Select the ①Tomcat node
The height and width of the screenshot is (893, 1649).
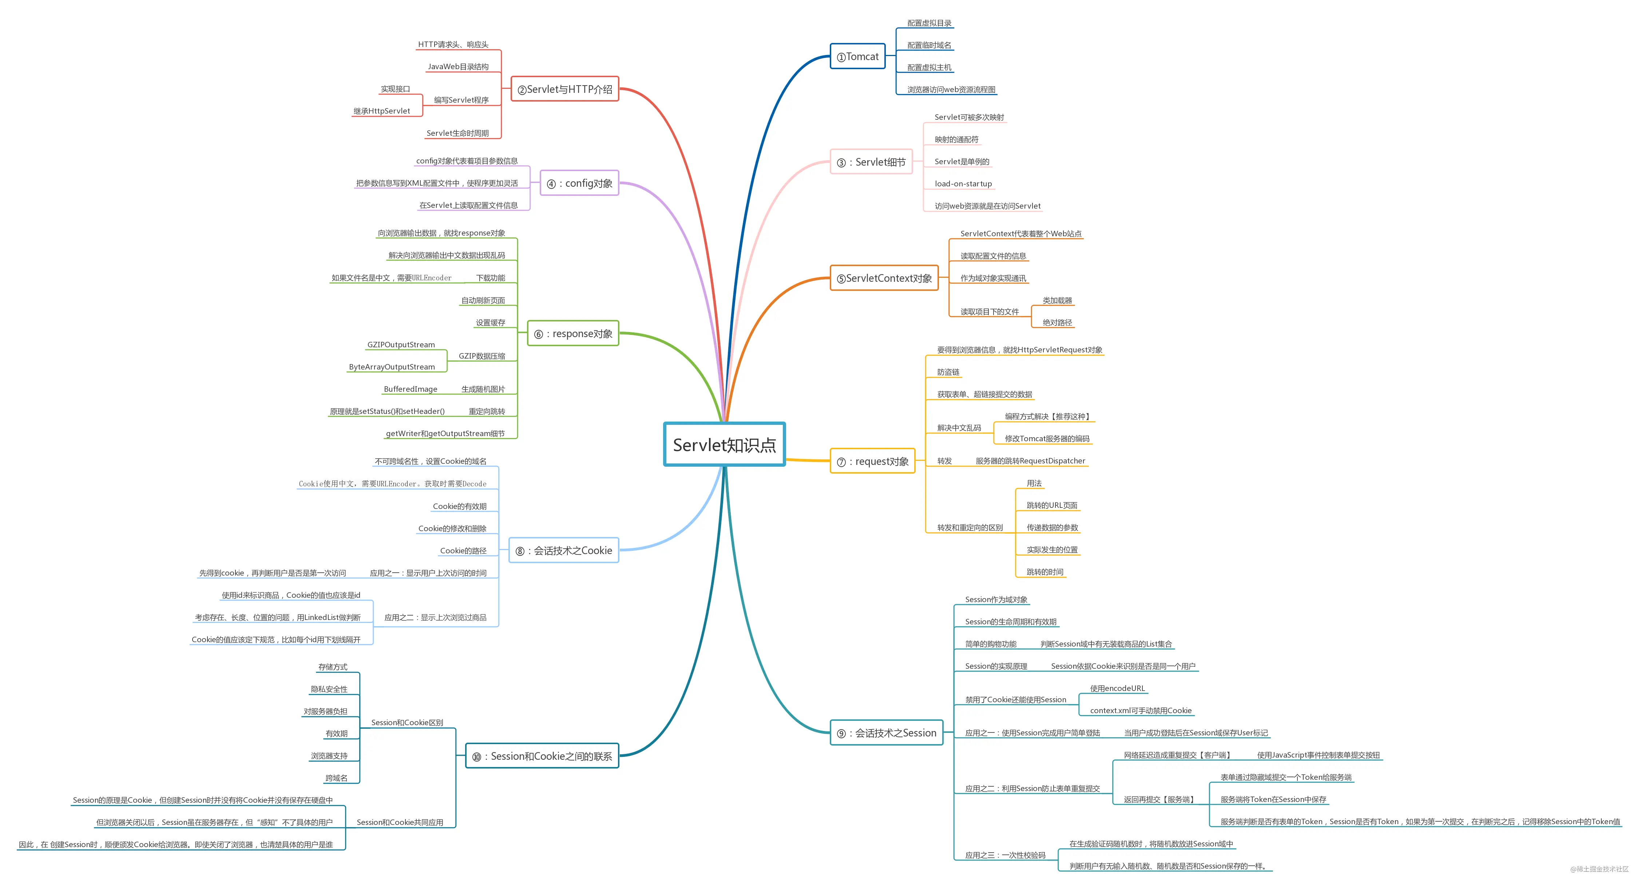858,56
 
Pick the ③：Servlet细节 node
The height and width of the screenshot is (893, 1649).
871,162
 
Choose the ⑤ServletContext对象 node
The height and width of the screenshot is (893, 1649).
884,278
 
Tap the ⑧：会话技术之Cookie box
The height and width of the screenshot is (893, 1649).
564,550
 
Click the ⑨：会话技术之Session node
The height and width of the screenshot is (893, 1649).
887,733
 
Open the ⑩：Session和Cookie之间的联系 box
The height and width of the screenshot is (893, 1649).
542,756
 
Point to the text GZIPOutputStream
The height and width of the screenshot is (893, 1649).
401,344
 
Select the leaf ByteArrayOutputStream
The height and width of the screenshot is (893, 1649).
392,367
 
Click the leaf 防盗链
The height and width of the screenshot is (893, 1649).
948,372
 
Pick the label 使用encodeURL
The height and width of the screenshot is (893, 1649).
1117,688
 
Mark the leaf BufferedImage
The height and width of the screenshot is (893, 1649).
410,389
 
